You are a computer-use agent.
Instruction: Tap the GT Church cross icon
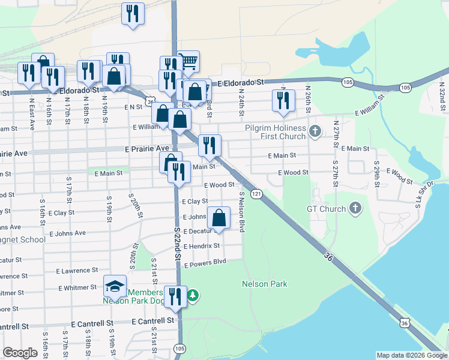[x=355, y=209]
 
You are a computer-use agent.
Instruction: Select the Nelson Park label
[x=265, y=284]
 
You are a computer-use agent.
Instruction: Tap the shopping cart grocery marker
[x=188, y=61]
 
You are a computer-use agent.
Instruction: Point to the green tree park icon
[x=193, y=296]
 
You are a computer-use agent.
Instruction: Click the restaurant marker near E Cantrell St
[x=175, y=297]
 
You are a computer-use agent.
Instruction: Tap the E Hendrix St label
[x=202, y=246]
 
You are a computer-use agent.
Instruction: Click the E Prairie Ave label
[x=146, y=148]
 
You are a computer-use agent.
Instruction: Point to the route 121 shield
[x=256, y=193]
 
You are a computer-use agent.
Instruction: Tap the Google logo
[x=20, y=353]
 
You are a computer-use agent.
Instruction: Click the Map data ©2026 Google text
[x=411, y=355]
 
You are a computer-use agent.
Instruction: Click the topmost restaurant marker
[x=132, y=14]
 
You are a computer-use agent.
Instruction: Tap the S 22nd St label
[x=178, y=243]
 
